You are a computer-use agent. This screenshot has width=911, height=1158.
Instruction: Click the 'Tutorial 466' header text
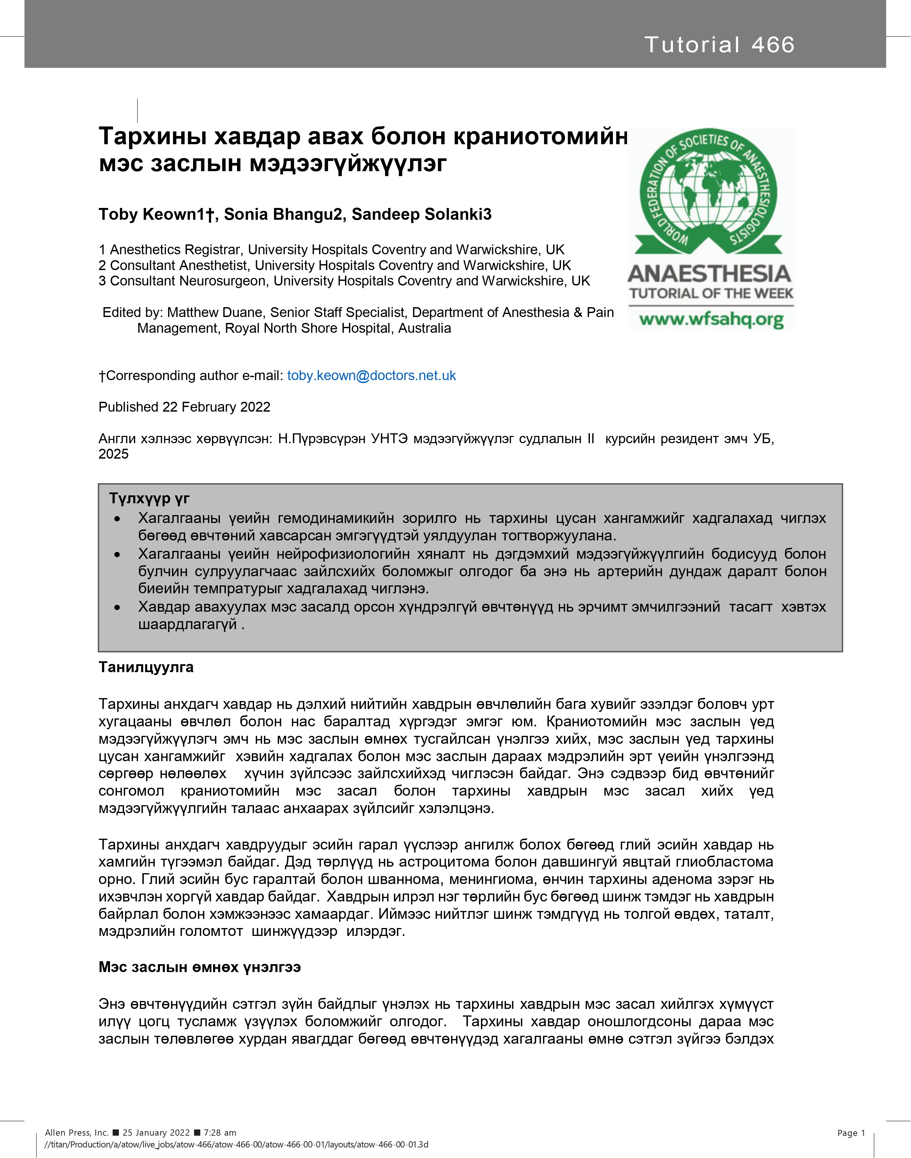(719, 45)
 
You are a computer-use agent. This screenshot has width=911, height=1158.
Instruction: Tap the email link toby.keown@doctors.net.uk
(371, 376)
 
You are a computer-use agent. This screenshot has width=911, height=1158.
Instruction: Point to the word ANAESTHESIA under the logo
(709, 273)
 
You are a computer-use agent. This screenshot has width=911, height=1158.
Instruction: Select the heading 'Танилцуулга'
(146, 668)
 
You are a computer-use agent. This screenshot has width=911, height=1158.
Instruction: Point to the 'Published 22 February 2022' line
(184, 407)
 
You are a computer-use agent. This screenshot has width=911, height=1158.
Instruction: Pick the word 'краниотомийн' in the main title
(540, 137)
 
